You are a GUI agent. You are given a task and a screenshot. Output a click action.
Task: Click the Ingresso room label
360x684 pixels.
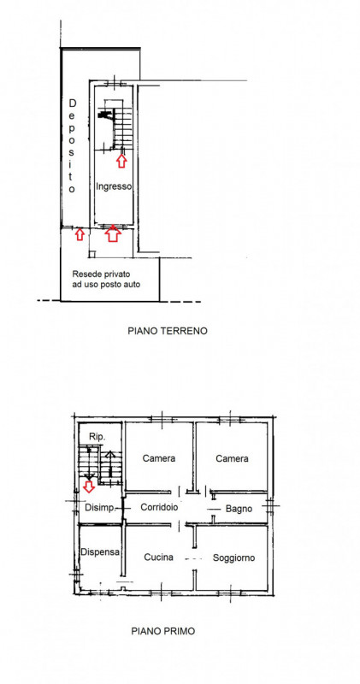tap(114, 186)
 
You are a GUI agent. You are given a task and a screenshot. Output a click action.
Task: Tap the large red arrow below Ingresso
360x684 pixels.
tap(113, 233)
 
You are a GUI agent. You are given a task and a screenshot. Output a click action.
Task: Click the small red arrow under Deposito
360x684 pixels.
tap(79, 234)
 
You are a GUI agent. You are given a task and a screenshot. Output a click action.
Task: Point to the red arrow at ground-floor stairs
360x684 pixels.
tap(121, 162)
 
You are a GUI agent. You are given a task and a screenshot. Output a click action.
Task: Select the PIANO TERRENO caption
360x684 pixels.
tap(167, 331)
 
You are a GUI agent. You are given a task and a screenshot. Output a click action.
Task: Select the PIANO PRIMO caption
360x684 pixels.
tap(163, 631)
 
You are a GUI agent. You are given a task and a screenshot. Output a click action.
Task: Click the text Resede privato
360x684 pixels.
tap(101, 274)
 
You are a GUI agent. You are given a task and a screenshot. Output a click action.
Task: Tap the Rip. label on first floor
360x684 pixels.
tap(97, 437)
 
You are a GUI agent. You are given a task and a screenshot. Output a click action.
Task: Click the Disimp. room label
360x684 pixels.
tap(100, 508)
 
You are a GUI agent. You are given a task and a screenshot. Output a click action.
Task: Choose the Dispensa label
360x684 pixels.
tap(100, 551)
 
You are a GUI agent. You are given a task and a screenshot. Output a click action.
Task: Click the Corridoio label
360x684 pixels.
tap(159, 507)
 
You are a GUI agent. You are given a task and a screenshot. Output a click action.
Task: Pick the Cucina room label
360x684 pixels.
tap(158, 557)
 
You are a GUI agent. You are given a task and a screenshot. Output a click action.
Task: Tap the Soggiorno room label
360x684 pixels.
tap(234, 557)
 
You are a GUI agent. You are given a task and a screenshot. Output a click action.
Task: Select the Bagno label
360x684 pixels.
tap(239, 509)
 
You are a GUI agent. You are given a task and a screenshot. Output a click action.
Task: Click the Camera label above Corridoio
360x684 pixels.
tap(159, 458)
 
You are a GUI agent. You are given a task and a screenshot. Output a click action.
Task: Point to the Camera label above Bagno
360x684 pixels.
tap(232, 458)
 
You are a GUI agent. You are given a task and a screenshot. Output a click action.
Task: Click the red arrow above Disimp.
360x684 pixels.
tap(89, 486)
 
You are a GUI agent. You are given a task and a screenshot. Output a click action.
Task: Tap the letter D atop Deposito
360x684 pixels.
tap(73, 103)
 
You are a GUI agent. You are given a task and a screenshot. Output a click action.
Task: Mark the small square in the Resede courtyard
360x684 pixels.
tap(91, 254)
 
